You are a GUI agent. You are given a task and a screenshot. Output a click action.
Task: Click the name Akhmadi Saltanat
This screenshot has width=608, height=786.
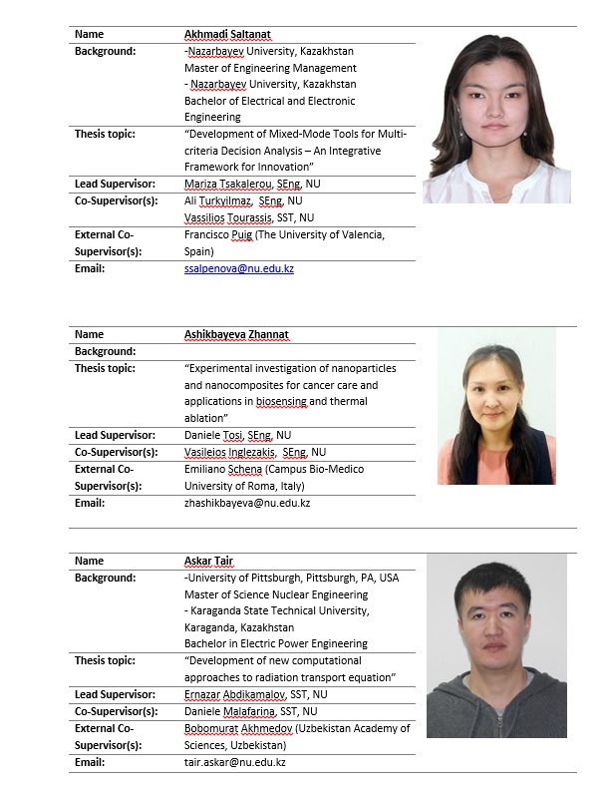(228, 34)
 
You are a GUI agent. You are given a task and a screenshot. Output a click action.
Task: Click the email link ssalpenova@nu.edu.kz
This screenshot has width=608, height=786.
(239, 268)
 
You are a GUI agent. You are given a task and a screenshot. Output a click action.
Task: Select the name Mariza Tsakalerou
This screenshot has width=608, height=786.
(220, 184)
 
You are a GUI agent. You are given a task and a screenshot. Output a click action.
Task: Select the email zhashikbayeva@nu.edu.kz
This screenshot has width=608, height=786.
(247, 503)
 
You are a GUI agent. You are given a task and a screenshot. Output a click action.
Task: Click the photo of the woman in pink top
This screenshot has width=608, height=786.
(496, 407)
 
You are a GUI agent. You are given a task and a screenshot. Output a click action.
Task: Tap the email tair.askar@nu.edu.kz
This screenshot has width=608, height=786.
(235, 762)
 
